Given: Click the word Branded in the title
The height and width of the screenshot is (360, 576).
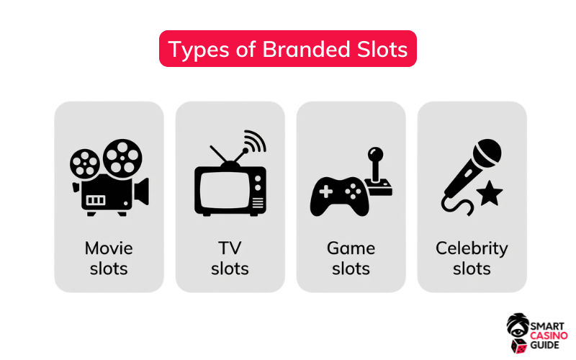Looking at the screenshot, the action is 307,49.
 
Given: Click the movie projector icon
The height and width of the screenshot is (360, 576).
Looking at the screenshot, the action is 109,177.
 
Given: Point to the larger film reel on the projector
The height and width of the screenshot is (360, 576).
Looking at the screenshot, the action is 122,156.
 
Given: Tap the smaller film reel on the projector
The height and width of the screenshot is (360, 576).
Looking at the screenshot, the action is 85,163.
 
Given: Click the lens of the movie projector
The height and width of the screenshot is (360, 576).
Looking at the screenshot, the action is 142,192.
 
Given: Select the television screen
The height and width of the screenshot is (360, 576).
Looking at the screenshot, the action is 225,191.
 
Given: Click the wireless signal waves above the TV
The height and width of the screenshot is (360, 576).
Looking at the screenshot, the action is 256,140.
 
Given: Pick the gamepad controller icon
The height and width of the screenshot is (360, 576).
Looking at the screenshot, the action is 339,197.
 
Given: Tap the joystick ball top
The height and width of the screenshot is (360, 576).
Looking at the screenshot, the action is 375,154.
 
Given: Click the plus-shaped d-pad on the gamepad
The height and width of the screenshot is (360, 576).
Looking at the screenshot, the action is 326,192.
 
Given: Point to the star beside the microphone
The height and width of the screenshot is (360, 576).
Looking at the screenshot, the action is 490,193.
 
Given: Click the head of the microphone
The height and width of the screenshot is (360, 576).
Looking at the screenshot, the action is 487,152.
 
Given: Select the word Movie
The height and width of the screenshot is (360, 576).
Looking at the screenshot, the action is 109,248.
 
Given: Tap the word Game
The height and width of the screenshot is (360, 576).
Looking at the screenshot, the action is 351,248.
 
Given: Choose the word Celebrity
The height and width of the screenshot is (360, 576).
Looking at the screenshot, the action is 472,248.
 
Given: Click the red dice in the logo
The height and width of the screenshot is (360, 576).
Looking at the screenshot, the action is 518,346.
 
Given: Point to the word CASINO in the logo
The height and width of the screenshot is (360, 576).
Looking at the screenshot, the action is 549,336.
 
